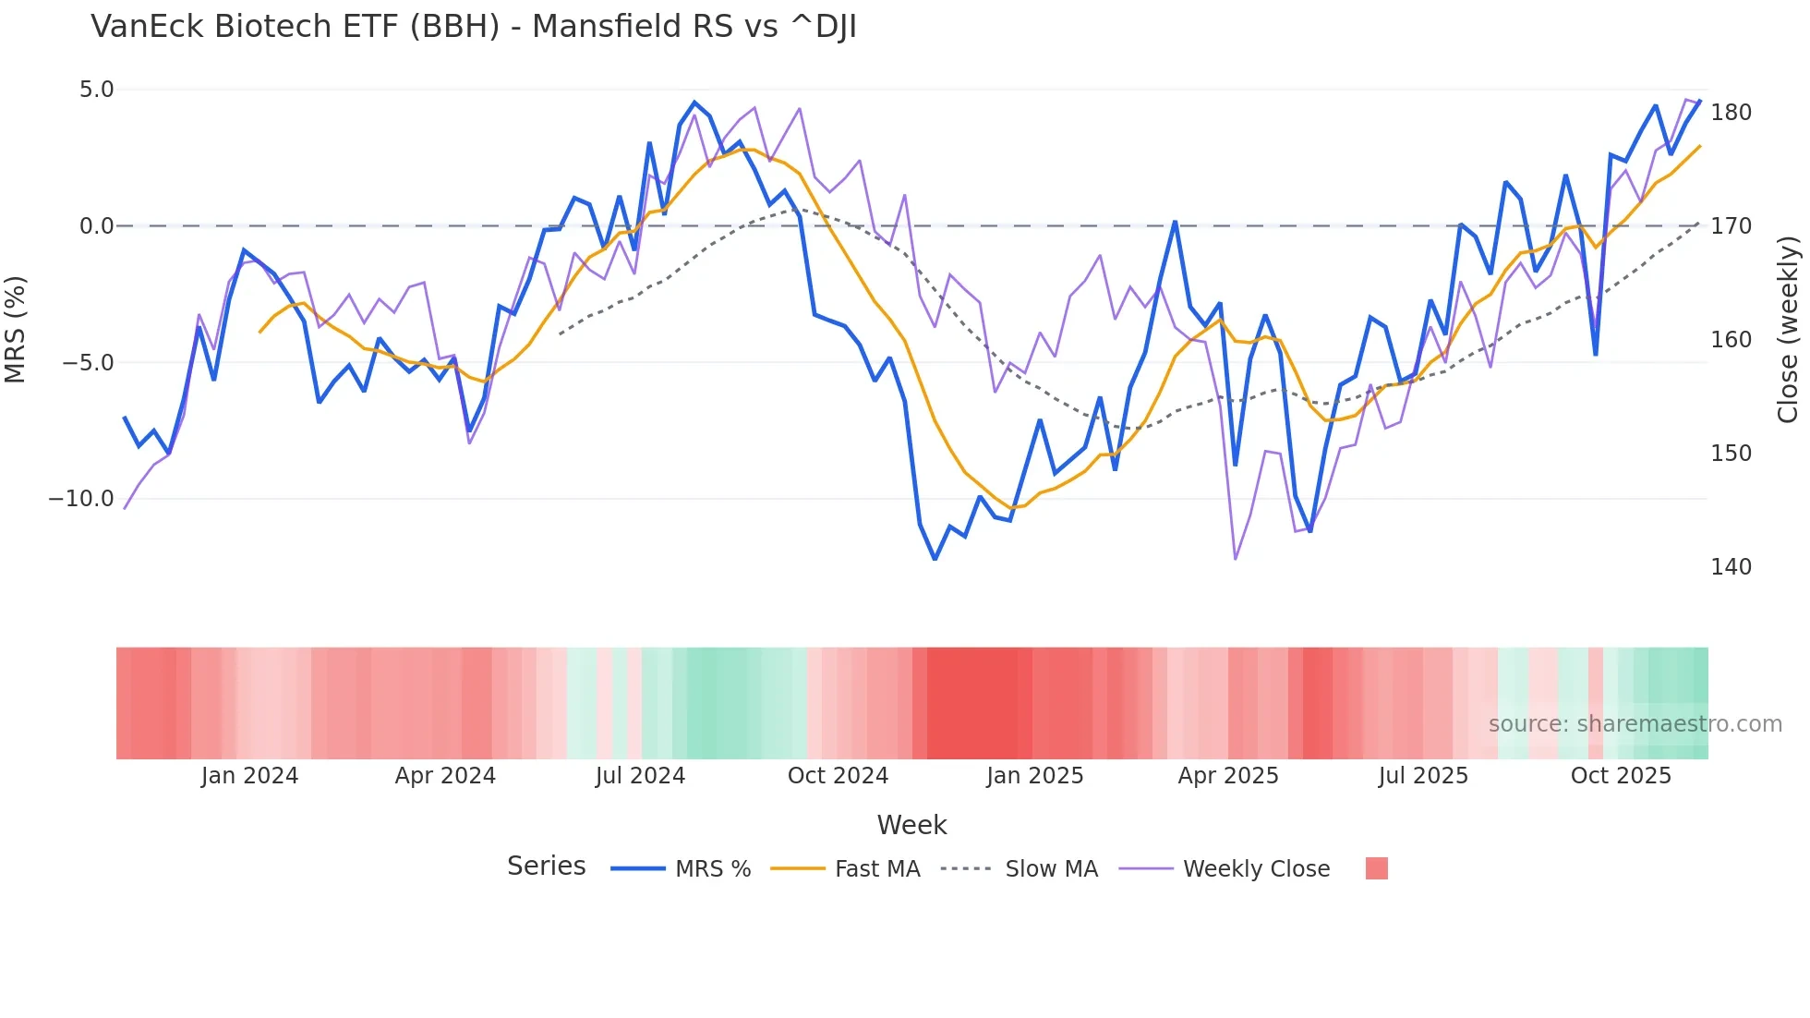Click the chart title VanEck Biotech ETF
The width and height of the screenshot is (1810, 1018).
pyautogui.click(x=474, y=27)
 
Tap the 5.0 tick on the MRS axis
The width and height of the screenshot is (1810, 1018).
pyautogui.click(x=96, y=90)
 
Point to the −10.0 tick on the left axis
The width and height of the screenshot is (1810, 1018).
pyautogui.click(x=81, y=499)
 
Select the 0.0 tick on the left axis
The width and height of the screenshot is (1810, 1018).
pyautogui.click(x=96, y=226)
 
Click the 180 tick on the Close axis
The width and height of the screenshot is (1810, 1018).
pyautogui.click(x=1731, y=113)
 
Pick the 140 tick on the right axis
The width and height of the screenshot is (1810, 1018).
pyautogui.click(x=1731, y=567)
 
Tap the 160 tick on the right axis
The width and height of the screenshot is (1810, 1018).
pyautogui.click(x=1731, y=340)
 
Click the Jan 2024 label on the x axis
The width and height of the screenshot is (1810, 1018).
pyautogui.click(x=249, y=776)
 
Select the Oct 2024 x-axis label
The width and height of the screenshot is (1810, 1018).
pyautogui.click(x=838, y=776)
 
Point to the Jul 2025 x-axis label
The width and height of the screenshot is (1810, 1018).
pyautogui.click(x=1423, y=776)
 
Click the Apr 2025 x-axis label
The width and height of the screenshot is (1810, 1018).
pyautogui.click(x=1228, y=776)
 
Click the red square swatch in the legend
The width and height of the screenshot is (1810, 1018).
pyautogui.click(x=1376, y=868)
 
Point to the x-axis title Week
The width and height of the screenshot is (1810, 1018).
pyautogui.click(x=911, y=825)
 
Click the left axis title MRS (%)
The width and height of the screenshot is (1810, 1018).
pyautogui.click(x=16, y=329)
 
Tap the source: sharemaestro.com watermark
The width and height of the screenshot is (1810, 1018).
pyautogui.click(x=1635, y=724)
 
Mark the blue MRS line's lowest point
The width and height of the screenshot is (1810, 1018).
pyautogui.click(x=935, y=559)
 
